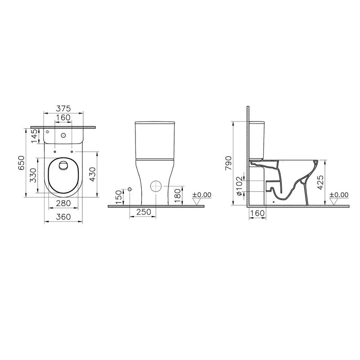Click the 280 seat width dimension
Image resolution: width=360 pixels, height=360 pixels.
pos(63,203)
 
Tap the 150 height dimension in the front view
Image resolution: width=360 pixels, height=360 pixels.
pos(119,197)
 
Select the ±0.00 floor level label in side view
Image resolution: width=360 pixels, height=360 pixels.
pos(339,195)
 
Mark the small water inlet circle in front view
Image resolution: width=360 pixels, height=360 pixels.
pos(130,189)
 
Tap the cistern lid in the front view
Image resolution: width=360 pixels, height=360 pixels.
pos(154,123)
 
